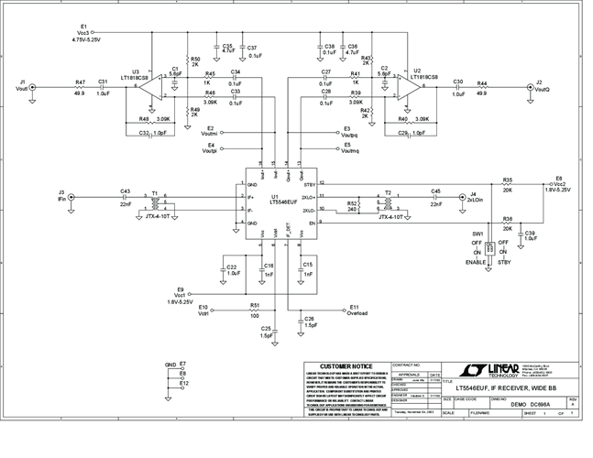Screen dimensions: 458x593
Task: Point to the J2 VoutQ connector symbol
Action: (527, 88)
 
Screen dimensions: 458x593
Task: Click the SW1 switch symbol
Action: (489, 247)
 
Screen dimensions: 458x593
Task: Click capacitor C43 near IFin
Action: (125, 196)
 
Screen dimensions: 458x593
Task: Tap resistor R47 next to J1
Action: (81, 88)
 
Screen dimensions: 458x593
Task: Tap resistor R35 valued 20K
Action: (507, 186)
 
